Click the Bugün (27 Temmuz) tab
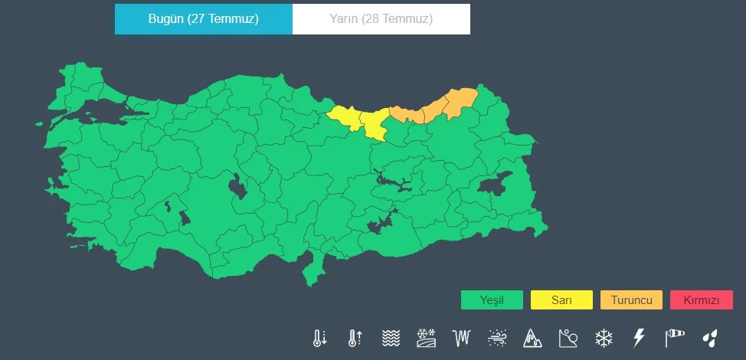(x=203, y=19)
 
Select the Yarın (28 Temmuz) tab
(x=381, y=19)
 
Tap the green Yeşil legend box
(x=492, y=299)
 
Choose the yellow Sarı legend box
(x=561, y=299)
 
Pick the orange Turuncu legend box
(x=631, y=299)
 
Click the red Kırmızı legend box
(x=701, y=299)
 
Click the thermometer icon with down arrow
(x=319, y=338)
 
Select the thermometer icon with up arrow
(x=355, y=338)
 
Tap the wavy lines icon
(x=391, y=338)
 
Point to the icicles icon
(x=461, y=338)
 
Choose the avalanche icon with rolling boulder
(x=568, y=338)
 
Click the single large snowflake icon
(x=604, y=338)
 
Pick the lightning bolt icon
(x=639, y=338)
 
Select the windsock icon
(x=674, y=338)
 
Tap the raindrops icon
(x=710, y=338)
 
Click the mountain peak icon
(x=532, y=338)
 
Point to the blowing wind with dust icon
(x=497, y=338)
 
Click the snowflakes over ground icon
(x=426, y=338)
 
